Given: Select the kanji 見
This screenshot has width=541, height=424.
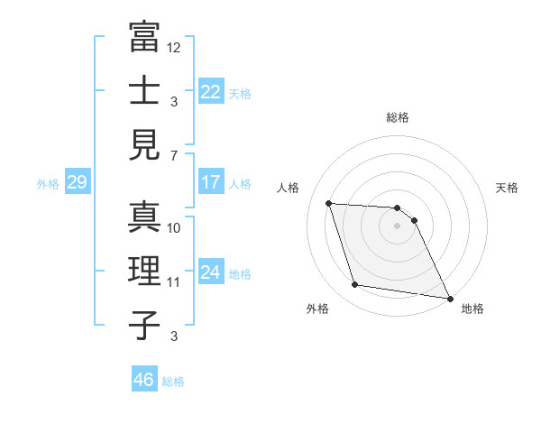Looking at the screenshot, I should [x=144, y=144].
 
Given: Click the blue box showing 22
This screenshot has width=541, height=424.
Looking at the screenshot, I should [x=210, y=91].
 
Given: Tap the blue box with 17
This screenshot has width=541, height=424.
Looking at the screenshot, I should [x=210, y=182].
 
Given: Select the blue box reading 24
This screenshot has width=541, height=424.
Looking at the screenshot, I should [x=210, y=272].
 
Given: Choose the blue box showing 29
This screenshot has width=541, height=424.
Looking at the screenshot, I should [x=77, y=182].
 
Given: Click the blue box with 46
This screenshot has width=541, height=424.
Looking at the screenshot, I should [x=143, y=380].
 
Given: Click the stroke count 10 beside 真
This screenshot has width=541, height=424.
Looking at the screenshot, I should [x=174, y=228].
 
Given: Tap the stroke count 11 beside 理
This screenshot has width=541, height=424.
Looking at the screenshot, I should [x=174, y=282].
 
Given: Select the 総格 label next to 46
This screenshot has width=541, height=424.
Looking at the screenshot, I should [x=173, y=382].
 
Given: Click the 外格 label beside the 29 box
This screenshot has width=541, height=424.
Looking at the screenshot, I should [x=48, y=184].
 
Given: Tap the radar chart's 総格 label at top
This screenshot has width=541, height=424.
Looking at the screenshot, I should [x=397, y=117].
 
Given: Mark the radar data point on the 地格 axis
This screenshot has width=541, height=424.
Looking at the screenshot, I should [x=450, y=298].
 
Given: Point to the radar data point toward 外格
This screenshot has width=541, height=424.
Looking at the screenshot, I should [x=355, y=285].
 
